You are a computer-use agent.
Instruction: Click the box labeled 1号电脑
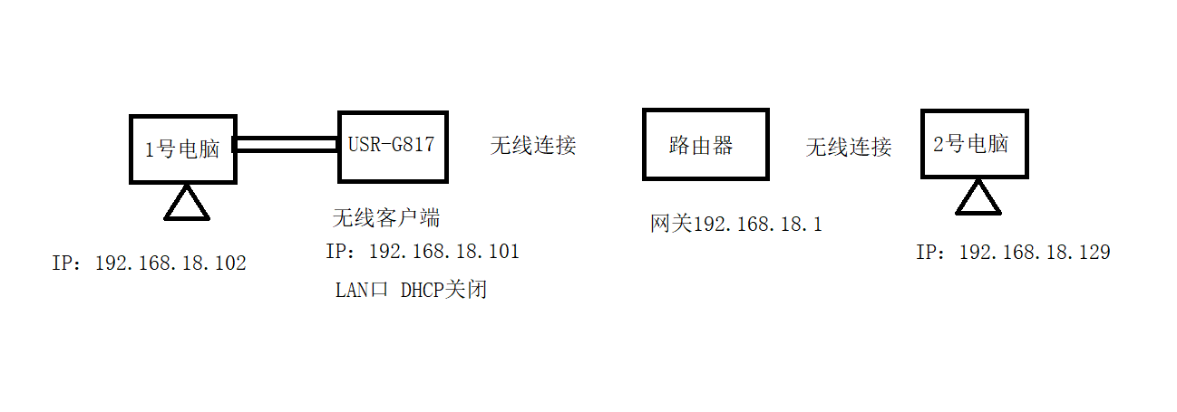coord(182,149)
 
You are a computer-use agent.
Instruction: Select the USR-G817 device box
coord(393,146)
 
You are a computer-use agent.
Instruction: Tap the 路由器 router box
coord(705,144)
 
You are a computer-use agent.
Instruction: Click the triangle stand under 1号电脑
coord(187,204)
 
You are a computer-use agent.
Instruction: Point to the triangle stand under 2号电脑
coord(978,198)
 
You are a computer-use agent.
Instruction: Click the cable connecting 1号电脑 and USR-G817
coord(287,145)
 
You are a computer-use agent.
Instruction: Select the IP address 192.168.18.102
coord(150,263)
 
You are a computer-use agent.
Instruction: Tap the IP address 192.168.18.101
coord(423,252)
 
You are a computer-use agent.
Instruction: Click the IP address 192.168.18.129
coord(1013,253)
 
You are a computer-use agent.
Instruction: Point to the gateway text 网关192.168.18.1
coord(735,224)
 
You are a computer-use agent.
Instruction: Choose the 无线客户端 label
coord(386,218)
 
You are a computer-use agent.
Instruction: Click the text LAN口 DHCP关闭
coord(411,290)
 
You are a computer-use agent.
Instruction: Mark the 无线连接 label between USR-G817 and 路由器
coord(533,145)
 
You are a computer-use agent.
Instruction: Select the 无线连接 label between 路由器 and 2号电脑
coord(849,147)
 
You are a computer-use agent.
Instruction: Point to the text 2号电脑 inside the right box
coord(970,144)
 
